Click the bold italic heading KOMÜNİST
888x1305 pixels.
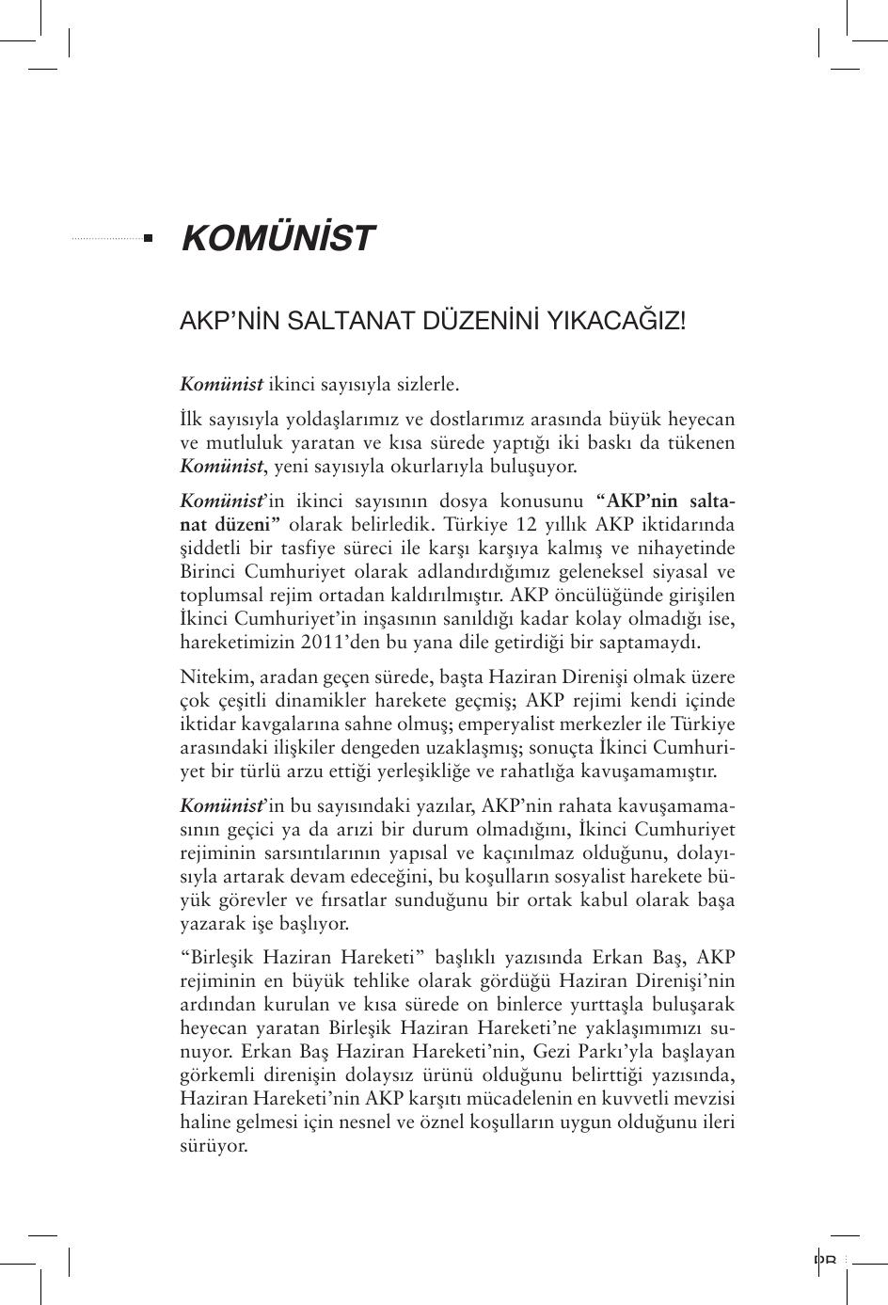[x=277, y=239]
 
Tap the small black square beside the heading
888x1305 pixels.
[x=148, y=238]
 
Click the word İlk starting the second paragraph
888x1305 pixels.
[x=191, y=419]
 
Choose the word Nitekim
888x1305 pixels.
[x=210, y=677]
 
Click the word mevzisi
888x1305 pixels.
[x=705, y=1099]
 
